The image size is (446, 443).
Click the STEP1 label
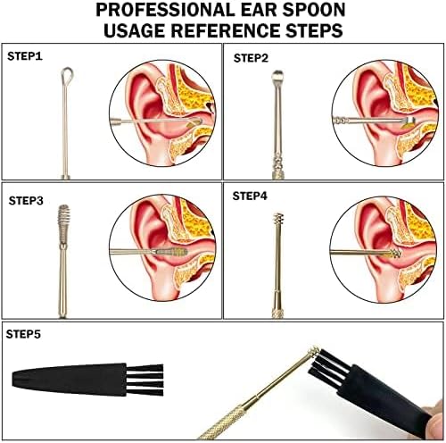[25, 56]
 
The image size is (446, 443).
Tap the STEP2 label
[251, 58]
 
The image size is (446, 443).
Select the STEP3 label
[26, 201]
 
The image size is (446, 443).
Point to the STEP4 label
[250, 196]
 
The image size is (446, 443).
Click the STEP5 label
[23, 334]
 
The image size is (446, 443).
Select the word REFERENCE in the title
[226, 30]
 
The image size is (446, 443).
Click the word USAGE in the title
[135, 30]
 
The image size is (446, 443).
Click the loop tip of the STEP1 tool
[67, 74]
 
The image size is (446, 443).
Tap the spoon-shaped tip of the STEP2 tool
[277, 76]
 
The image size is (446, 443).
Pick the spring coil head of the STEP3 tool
[64, 223]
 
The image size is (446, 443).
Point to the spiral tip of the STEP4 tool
[278, 219]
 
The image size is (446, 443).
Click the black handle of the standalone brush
[69, 380]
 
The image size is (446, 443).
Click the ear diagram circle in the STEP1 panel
[162, 113]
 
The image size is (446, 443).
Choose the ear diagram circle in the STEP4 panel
[384, 249]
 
